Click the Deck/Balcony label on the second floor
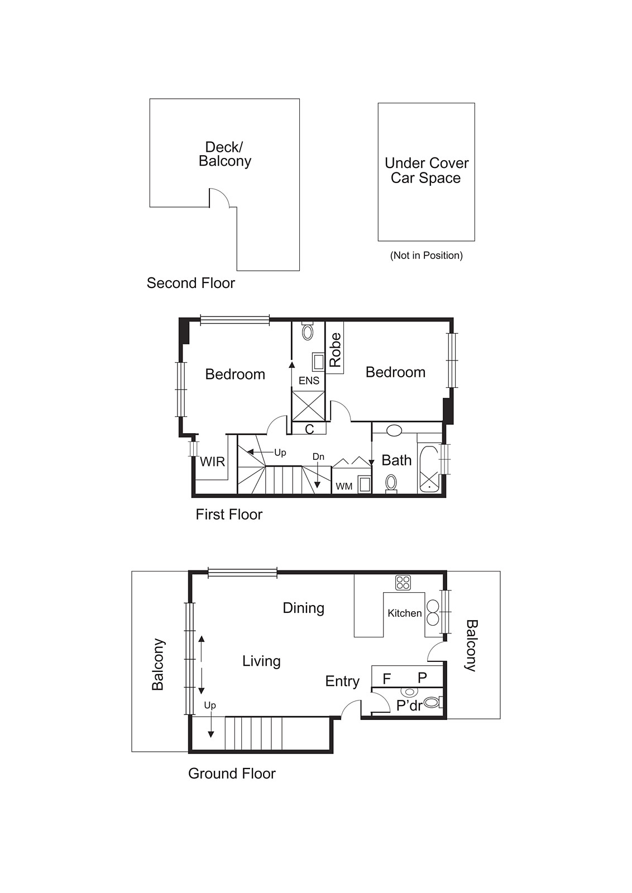click(x=225, y=154)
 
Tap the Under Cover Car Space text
click(x=427, y=170)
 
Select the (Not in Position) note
click(x=426, y=255)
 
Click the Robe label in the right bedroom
click(x=335, y=349)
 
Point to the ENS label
click(x=309, y=381)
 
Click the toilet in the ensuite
click(x=308, y=333)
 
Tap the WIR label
click(x=212, y=462)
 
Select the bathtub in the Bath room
click(x=429, y=469)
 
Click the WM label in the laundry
click(x=344, y=486)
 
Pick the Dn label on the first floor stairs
click(x=318, y=457)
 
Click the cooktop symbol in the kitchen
click(x=403, y=583)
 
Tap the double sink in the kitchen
click(x=433, y=613)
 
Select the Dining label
click(x=303, y=608)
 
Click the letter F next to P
click(x=386, y=679)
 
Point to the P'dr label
click(x=409, y=705)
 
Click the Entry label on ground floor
click(x=342, y=681)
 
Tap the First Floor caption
click(x=229, y=514)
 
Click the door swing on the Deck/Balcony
click(x=220, y=198)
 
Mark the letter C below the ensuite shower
click(x=309, y=429)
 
